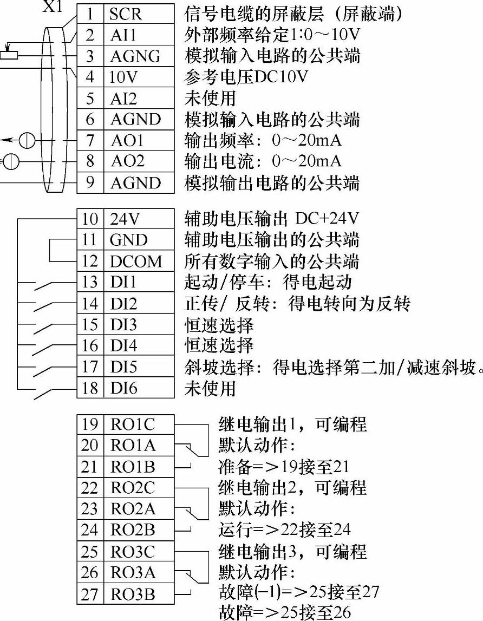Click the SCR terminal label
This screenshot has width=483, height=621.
tap(125, 14)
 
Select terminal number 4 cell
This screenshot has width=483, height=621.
tap(90, 77)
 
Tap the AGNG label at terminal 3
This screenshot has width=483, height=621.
tap(135, 56)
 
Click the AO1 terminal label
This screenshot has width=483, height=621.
tap(127, 141)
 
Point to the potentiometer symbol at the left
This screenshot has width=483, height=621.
tap(9, 55)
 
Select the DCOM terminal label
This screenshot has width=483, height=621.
tap(136, 262)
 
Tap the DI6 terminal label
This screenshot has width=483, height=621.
tap(124, 389)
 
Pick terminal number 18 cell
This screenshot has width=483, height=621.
tap(90, 389)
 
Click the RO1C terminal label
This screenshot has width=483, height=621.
tap(133, 424)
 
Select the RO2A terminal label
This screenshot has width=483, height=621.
tap(133, 509)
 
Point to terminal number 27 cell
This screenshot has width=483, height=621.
tap(90, 594)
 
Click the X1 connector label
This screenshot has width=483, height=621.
tap(53, 7)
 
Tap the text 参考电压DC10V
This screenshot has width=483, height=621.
tap(246, 77)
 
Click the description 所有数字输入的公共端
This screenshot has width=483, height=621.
tap(272, 261)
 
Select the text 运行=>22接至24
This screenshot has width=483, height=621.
tap(284, 528)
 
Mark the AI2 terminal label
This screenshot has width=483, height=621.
tap(124, 99)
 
